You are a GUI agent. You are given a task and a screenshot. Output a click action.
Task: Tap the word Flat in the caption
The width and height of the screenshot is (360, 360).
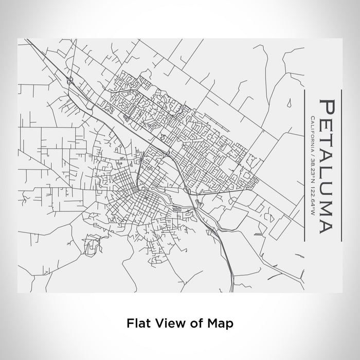click(x=137, y=323)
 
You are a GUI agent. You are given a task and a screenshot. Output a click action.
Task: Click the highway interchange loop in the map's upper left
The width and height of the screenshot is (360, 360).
click(x=69, y=80)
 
